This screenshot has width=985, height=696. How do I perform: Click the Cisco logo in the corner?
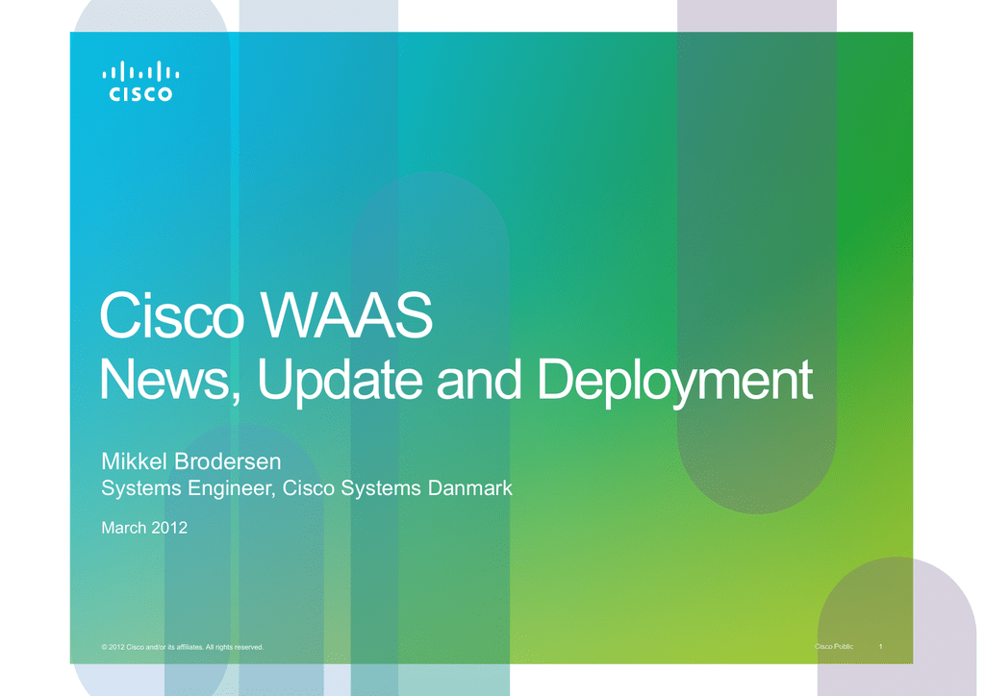coord(140,81)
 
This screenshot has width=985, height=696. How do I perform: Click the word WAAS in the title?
coord(346,315)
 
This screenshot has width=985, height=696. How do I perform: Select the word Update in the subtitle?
coord(340,381)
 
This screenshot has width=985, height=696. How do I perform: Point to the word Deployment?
coord(675,381)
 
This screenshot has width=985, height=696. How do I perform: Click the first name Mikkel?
coord(135,461)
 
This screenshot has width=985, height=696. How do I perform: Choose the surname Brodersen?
coord(227,461)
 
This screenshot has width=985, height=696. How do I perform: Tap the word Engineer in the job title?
coord(231,489)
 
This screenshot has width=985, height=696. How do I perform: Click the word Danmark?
coord(469,488)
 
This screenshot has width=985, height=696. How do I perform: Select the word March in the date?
coord(124,528)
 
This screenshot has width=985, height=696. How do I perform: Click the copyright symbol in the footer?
coord(104,647)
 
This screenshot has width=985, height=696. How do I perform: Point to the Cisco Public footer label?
coord(834,646)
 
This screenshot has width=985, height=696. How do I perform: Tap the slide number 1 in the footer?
coord(881,646)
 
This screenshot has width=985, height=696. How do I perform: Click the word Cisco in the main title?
coord(171,315)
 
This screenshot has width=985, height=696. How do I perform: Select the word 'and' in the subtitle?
coord(479,380)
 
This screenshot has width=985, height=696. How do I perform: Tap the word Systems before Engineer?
coord(142,489)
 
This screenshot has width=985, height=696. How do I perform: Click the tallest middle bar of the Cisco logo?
coord(140,71)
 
